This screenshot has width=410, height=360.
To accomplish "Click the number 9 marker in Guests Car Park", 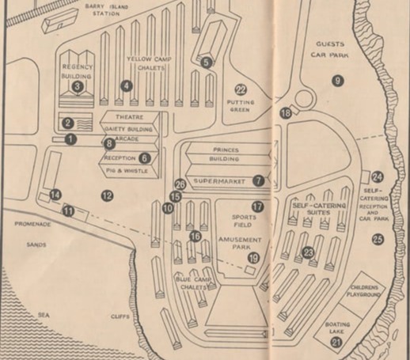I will point(337,80).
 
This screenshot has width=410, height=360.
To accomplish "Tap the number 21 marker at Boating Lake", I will point(336,343).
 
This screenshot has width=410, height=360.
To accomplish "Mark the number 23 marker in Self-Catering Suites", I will point(308,253).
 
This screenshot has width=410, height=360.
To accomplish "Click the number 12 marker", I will point(107,195).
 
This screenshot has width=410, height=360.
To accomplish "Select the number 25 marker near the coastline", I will point(378,239).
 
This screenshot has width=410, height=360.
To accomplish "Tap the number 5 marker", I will point(207,62).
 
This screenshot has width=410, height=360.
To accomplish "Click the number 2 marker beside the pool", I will point(68,122).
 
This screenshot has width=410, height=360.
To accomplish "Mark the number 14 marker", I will point(55,194).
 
